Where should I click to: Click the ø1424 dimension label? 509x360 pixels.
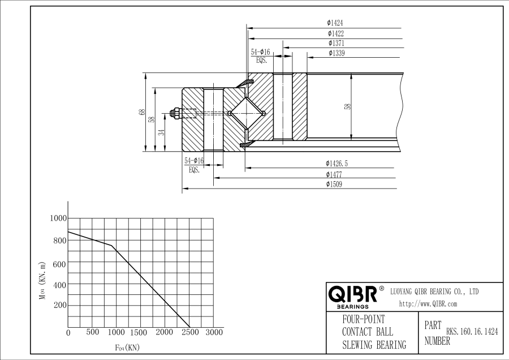(x=335, y=23)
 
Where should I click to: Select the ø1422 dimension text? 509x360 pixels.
(x=335, y=33)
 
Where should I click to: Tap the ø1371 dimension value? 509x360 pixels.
(x=336, y=43)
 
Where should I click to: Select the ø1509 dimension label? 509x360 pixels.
(x=334, y=184)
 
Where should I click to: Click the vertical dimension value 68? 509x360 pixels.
(x=142, y=112)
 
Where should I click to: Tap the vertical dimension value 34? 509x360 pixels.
(x=161, y=132)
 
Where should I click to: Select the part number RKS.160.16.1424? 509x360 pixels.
(x=472, y=332)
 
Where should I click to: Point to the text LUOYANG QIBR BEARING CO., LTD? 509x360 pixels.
(x=434, y=292)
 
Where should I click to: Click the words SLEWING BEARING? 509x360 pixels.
(x=374, y=345)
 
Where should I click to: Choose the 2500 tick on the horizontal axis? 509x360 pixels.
(x=189, y=332)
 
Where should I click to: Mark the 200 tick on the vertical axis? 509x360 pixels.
(x=60, y=305)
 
